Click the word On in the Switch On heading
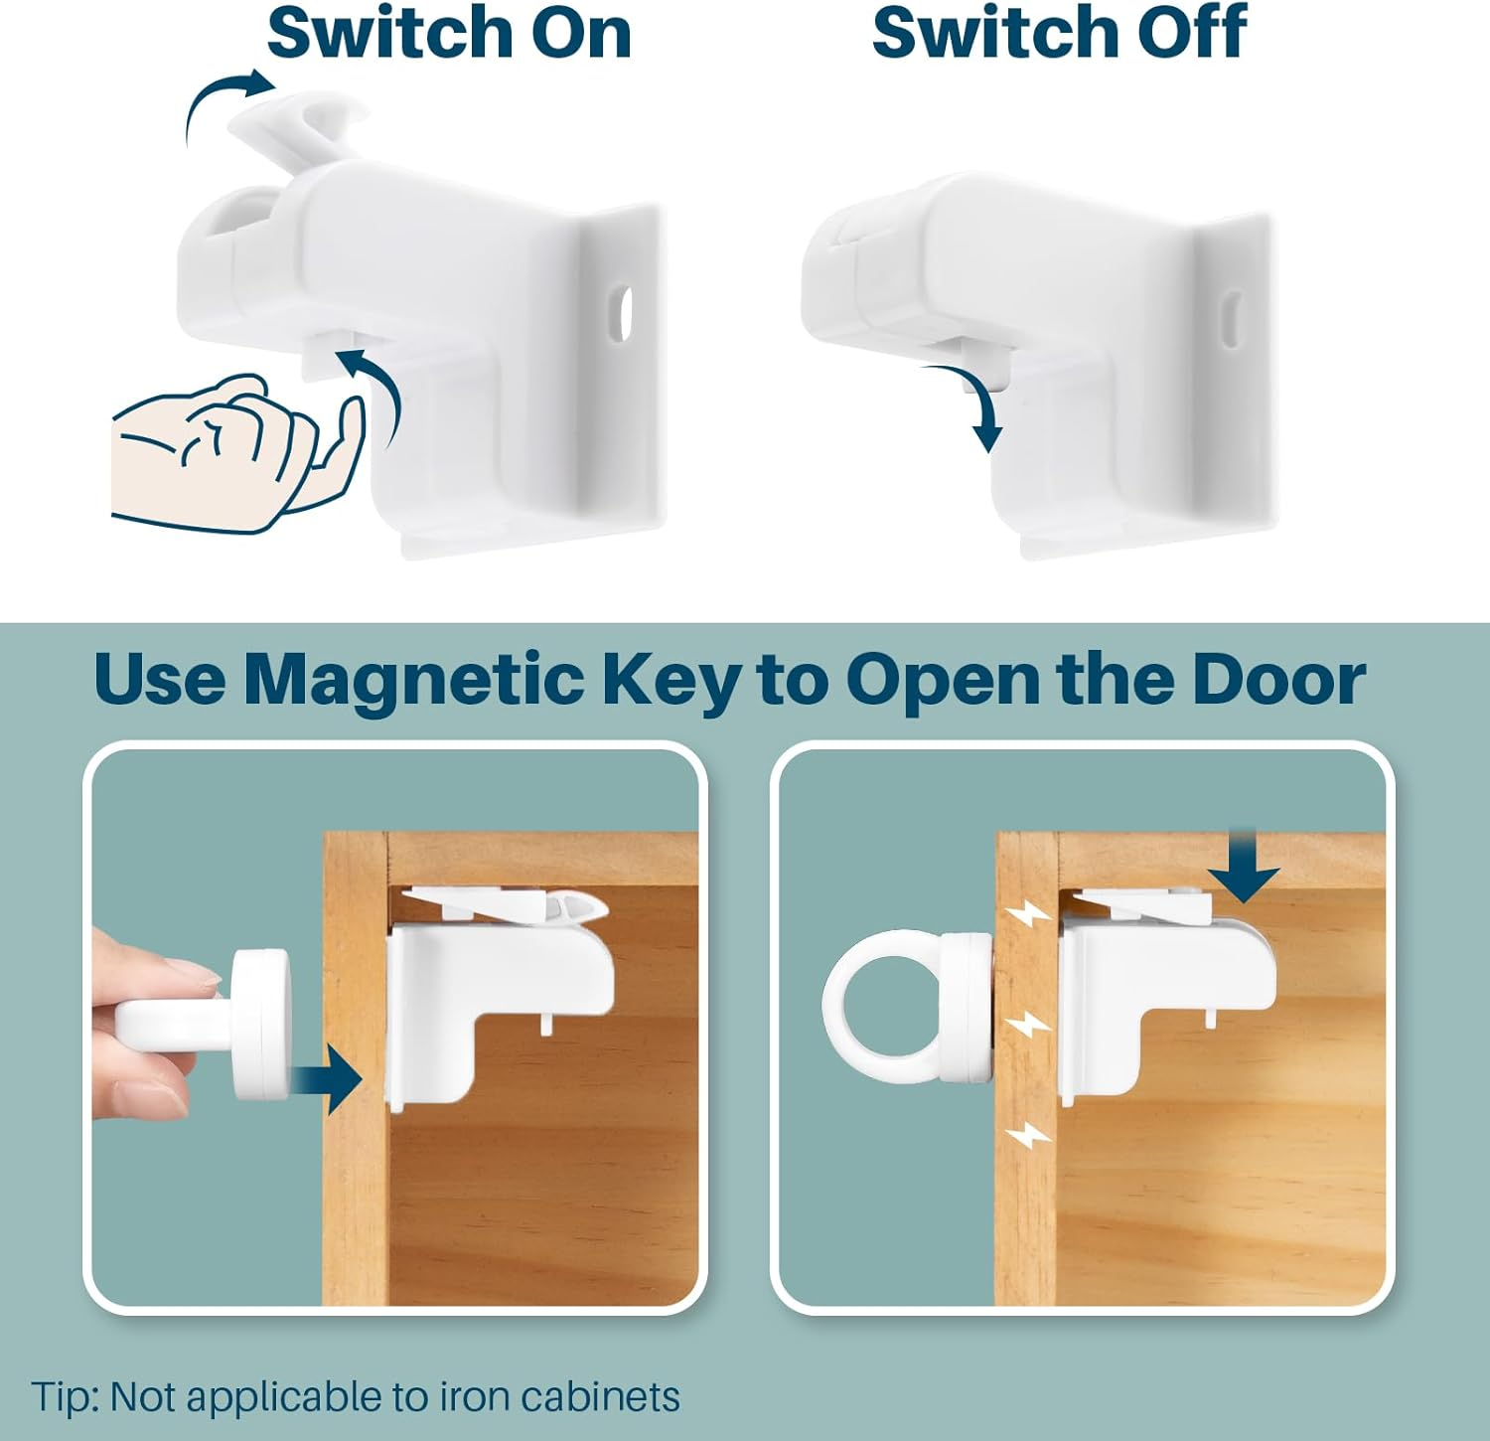tap(581, 33)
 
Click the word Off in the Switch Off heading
tap(1190, 33)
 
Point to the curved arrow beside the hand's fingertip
tap(377, 393)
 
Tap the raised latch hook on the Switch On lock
tap(298, 124)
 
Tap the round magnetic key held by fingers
tap(260, 1024)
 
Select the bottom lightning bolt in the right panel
tap(1027, 1134)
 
